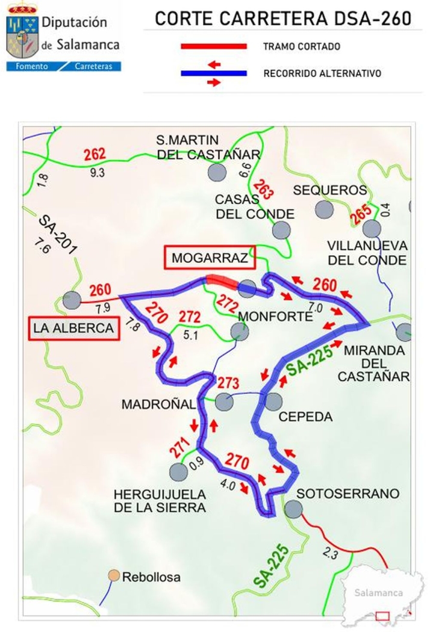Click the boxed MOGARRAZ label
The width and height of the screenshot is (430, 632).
[x=210, y=258]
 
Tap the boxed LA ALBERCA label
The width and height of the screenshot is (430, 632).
[x=74, y=328]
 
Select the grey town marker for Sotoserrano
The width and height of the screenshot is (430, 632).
[x=293, y=510]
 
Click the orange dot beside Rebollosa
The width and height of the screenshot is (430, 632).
[x=113, y=576]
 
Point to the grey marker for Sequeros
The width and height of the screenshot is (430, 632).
[x=325, y=209]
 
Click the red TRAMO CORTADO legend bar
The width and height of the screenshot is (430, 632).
[x=214, y=46]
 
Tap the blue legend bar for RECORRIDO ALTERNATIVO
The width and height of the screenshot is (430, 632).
[x=214, y=73]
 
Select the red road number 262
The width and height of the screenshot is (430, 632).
[x=95, y=155]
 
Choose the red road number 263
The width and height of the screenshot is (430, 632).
[x=263, y=190]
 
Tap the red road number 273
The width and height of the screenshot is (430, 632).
[x=228, y=383]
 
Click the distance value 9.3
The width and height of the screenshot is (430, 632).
[x=97, y=172]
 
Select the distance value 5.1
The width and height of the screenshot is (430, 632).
[x=191, y=336]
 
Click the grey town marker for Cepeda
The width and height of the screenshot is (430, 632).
[x=273, y=401]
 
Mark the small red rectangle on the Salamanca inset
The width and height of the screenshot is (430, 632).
[x=382, y=616]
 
